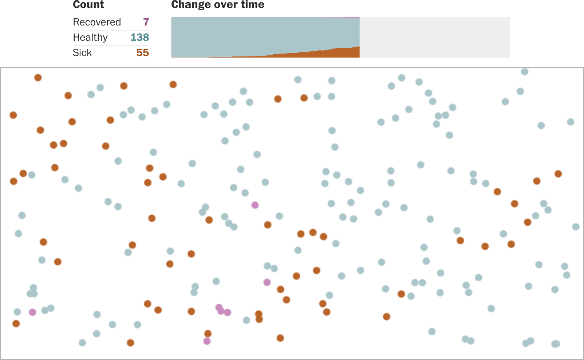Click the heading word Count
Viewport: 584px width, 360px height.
pyautogui.click(x=88, y=5)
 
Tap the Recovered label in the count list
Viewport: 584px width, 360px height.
pyautogui.click(x=97, y=22)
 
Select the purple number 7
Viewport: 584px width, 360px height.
pyautogui.click(x=146, y=22)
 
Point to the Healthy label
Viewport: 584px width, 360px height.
pyautogui.click(x=90, y=38)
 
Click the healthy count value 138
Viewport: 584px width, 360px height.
pyautogui.click(x=140, y=38)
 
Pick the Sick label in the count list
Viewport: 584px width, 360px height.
pyautogui.click(x=82, y=53)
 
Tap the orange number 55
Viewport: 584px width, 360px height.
pyautogui.click(x=143, y=53)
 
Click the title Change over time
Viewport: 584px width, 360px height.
pyautogui.click(x=218, y=5)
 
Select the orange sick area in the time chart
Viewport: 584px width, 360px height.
pyautogui.click(x=339, y=53)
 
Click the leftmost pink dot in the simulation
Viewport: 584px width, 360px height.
pyautogui.click(x=32, y=312)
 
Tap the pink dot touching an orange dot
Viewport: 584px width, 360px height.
pyautogui.click(x=207, y=341)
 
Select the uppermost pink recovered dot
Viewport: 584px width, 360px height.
pyautogui.click(x=255, y=205)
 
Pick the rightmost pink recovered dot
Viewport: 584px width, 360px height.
pyautogui.click(x=267, y=282)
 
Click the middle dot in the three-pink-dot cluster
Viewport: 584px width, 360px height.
pyautogui.click(x=221, y=311)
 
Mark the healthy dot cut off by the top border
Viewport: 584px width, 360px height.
pyautogui.click(x=525, y=71)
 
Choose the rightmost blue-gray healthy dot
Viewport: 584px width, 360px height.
pyautogui.click(x=576, y=227)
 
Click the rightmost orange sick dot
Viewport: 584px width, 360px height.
pyautogui.click(x=558, y=174)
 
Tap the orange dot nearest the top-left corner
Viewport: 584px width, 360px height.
pyautogui.click(x=38, y=78)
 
